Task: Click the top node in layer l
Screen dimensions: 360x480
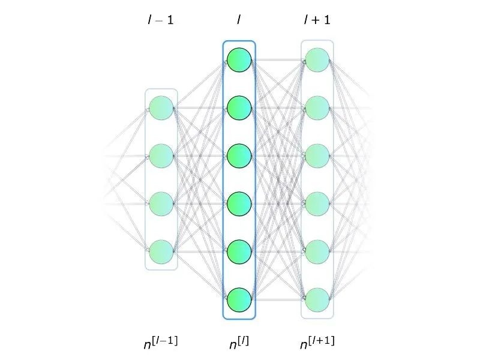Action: [x=239, y=60]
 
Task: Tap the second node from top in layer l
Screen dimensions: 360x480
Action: [x=239, y=108]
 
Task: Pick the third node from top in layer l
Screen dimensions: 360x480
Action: [x=239, y=156]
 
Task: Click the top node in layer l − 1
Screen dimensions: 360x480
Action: [x=161, y=108]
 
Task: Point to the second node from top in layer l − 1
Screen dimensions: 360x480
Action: [x=161, y=156]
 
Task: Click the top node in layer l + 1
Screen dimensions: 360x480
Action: [x=317, y=60]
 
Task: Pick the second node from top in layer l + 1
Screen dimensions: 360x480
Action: [x=317, y=108]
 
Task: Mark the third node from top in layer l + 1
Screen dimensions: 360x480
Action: [x=317, y=156]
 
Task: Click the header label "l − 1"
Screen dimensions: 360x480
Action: [x=161, y=20]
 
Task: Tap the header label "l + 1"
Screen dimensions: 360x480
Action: [x=317, y=20]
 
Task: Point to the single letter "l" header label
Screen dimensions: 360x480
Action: [x=239, y=20]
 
